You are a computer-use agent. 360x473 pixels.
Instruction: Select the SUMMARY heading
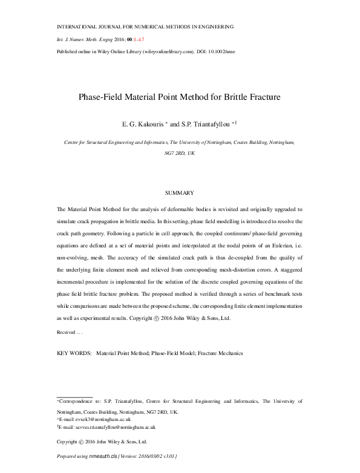click(x=180, y=193)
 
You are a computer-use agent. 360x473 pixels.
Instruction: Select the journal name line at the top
click(x=145, y=27)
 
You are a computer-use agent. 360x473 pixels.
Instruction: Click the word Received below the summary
click(x=66, y=332)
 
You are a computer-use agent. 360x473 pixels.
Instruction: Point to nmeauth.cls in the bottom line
click(x=103, y=455)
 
